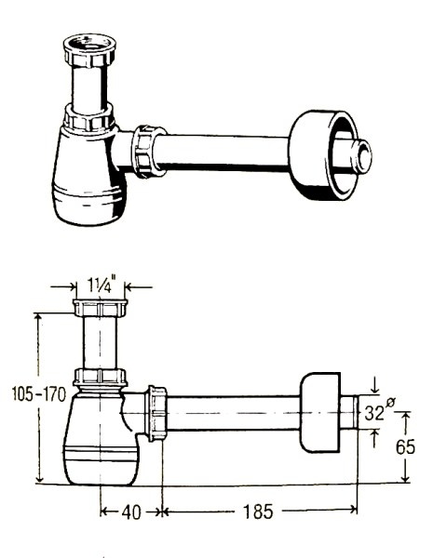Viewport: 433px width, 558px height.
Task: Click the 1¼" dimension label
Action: pyautogui.click(x=101, y=285)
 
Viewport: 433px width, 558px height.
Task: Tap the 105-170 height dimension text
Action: pyautogui.click(x=39, y=394)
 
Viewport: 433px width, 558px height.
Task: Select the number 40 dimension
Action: pyautogui.click(x=131, y=512)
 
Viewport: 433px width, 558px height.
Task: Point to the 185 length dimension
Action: pyautogui.click(x=258, y=511)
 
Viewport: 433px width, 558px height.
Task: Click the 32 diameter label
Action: pyautogui.click(x=374, y=413)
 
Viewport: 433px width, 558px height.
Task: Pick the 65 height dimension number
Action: pyautogui.click(x=406, y=446)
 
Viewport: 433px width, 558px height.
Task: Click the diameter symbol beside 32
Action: pyautogui.click(x=390, y=403)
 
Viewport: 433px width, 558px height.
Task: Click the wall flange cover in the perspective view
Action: pyautogui.click(x=322, y=154)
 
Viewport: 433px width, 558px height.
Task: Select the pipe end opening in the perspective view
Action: pyautogui.click(x=361, y=157)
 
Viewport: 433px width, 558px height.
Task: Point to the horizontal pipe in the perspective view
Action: pyautogui.click(x=222, y=152)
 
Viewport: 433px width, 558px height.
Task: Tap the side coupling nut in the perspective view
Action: pyautogui.click(x=149, y=151)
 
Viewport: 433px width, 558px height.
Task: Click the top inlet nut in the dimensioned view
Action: pyautogui.click(x=101, y=308)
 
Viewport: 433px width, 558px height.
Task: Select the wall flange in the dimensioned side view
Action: pyautogui.click(x=319, y=412)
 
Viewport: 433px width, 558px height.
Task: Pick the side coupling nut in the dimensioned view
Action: pyautogui.click(x=156, y=413)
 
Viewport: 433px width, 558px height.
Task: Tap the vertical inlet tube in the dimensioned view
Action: pyautogui.click(x=101, y=342)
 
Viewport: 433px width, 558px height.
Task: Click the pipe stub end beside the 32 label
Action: pyautogui.click(x=348, y=412)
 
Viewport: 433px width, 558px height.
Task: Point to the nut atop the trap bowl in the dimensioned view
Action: pyautogui.click(x=101, y=378)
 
